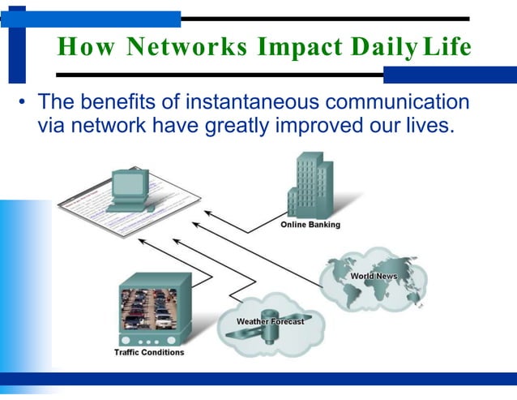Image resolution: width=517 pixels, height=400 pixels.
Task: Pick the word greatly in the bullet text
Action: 237,126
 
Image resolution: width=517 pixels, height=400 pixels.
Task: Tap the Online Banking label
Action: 310,225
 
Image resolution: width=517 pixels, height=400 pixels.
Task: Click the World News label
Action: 374,277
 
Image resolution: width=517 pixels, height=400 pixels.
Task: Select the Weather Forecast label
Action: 270,321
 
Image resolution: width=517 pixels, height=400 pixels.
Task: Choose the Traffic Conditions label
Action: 149,352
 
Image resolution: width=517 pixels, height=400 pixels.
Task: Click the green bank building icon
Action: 311,186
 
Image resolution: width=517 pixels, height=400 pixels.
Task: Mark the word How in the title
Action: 75,48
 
